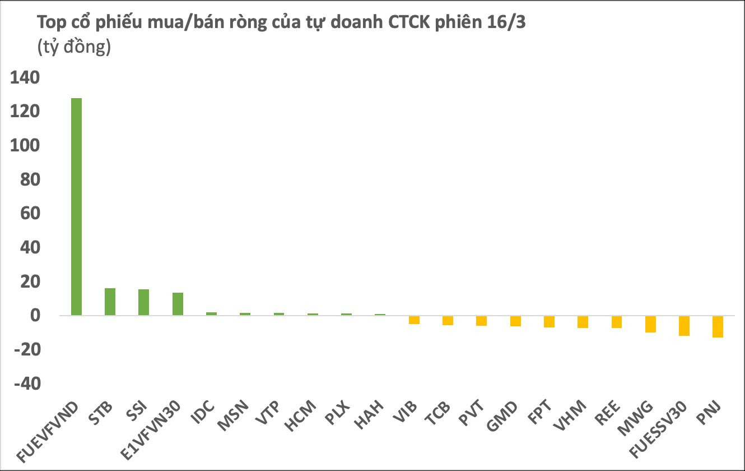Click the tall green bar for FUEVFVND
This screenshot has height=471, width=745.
76,206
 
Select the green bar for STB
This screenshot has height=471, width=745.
110,302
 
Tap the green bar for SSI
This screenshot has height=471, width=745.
143,302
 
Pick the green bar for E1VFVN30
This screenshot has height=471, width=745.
178,304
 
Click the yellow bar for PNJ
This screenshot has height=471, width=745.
718,326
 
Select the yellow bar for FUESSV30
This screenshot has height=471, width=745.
684,326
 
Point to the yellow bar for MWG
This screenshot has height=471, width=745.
650,324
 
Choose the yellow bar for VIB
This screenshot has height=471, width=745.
414,320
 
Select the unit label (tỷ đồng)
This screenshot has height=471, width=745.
74,48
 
